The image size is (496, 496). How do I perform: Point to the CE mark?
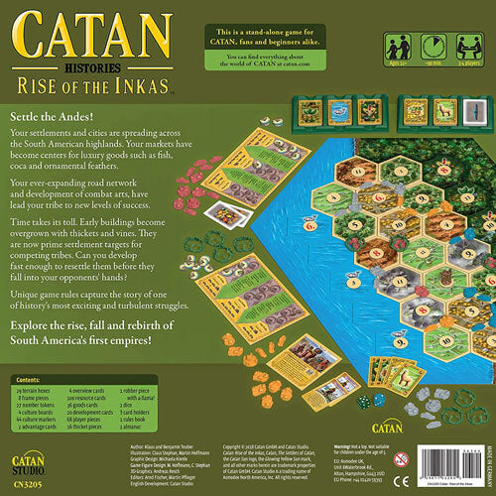tap(399, 481)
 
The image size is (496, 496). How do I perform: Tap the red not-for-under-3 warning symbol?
tap(400, 459)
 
